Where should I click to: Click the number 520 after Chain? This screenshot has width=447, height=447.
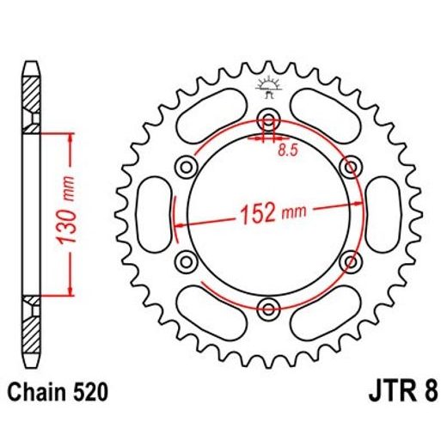(x=89, y=395)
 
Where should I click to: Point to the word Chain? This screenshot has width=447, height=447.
(x=38, y=395)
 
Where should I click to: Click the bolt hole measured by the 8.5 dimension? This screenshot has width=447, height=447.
(x=268, y=118)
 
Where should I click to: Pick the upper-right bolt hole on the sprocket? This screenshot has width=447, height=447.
(x=351, y=165)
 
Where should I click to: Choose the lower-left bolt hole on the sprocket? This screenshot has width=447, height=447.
(x=186, y=260)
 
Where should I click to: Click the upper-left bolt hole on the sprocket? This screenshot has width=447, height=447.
(x=186, y=165)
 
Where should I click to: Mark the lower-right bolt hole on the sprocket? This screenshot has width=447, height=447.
(x=351, y=260)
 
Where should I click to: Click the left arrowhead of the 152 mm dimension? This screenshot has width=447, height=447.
(x=180, y=222)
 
